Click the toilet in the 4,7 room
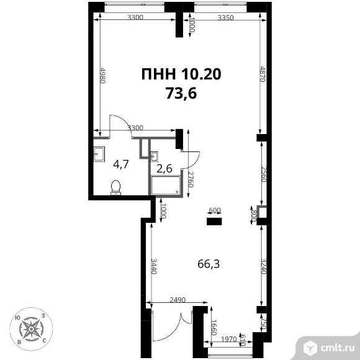[x=115, y=187]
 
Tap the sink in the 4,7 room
[x=99, y=153]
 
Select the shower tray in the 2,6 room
[x=166, y=185]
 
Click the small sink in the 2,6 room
[x=154, y=156]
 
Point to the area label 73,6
[x=181, y=94]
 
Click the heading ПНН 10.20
[x=181, y=74]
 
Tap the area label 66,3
[x=209, y=264]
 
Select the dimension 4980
[x=103, y=75]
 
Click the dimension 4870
[x=263, y=74]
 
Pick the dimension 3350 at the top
[x=225, y=17]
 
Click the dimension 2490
[x=178, y=300]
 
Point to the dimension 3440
[x=154, y=266]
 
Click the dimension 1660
[x=214, y=328]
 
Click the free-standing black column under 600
[x=214, y=222]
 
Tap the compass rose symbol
[x=31, y=330]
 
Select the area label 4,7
[x=121, y=165]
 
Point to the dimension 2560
[x=264, y=174]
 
